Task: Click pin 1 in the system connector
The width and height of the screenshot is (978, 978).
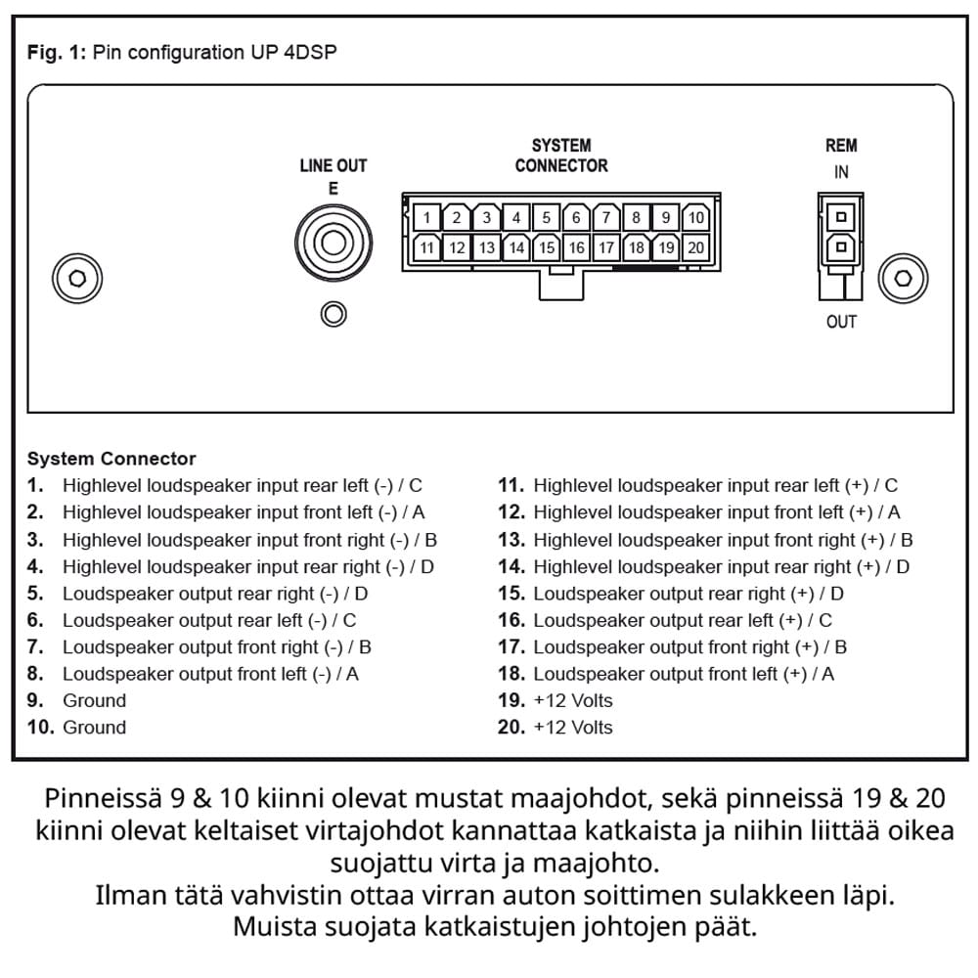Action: click(x=426, y=217)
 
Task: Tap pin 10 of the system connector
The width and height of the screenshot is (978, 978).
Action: click(x=695, y=217)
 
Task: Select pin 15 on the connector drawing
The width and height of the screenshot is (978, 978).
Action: click(x=547, y=247)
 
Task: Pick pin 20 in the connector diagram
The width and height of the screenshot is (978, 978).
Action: click(x=695, y=247)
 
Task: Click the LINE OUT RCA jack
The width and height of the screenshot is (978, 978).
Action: click(x=333, y=243)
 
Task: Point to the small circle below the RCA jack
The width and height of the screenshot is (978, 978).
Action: click(x=333, y=314)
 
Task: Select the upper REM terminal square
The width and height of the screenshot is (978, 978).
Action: click(x=840, y=216)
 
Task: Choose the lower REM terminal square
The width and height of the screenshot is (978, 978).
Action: click(x=840, y=248)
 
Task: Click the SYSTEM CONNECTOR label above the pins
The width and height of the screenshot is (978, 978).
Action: click(x=561, y=156)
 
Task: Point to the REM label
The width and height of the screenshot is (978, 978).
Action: click(x=841, y=146)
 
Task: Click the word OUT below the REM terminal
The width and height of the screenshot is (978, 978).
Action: click(x=841, y=322)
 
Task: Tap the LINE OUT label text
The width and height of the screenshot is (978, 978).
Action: click(x=333, y=166)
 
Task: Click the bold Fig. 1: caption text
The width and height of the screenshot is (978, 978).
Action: click(x=57, y=53)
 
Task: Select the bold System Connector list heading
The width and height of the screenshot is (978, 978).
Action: click(x=111, y=459)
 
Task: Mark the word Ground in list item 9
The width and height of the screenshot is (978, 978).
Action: click(x=94, y=700)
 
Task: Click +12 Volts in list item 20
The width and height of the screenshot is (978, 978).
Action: click(x=573, y=727)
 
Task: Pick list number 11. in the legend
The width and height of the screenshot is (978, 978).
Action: click(x=511, y=485)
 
